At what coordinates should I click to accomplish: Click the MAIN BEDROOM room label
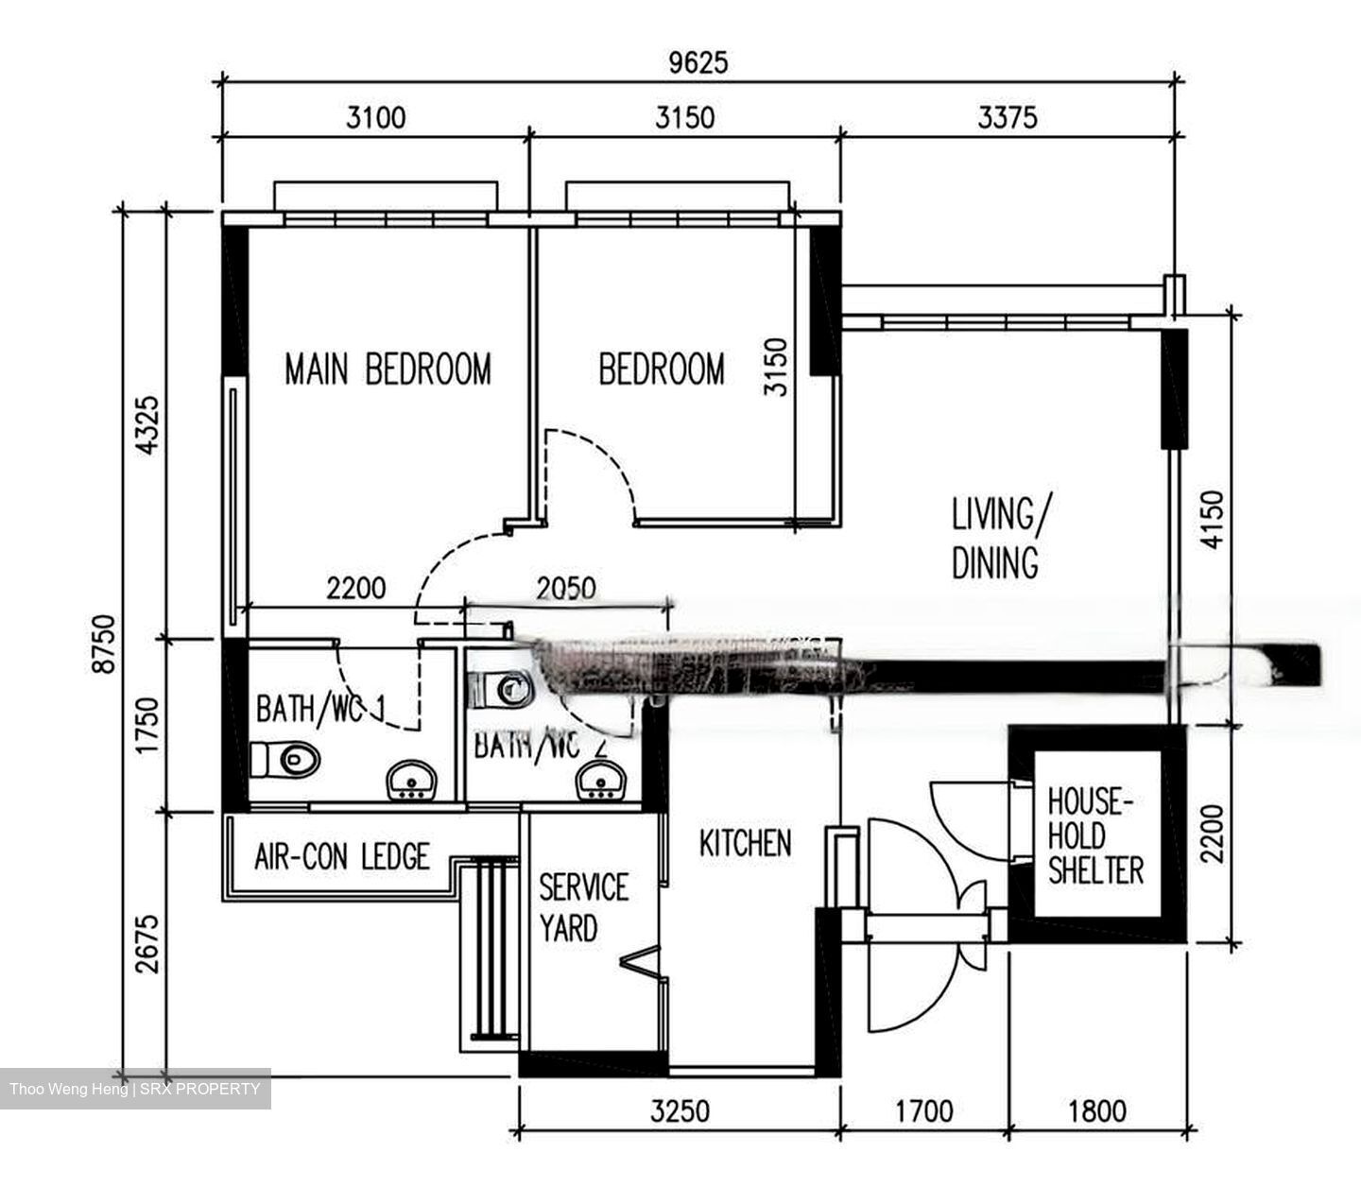pos(388,369)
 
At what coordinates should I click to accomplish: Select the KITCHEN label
pos(745,843)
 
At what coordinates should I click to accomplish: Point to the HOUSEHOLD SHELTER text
pos(1094,836)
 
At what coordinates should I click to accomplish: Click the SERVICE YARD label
pos(582,907)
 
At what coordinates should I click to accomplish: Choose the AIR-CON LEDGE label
pos(341,857)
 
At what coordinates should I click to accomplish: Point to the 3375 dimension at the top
pos(1007,117)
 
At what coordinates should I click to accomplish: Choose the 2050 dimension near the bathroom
pos(565,589)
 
